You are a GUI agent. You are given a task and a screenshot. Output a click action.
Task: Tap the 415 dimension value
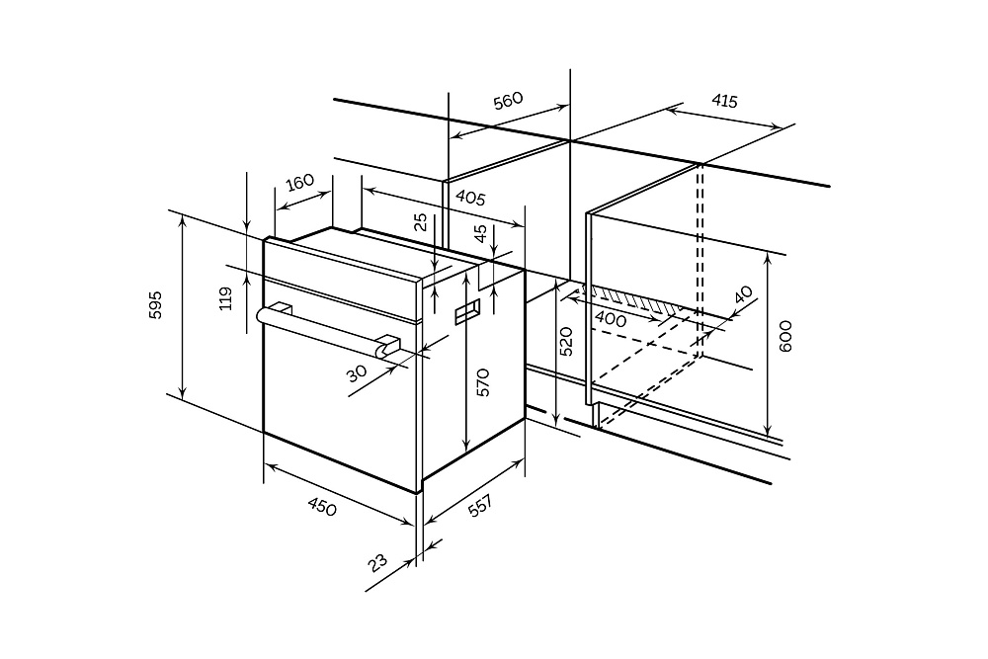pyautogui.click(x=724, y=101)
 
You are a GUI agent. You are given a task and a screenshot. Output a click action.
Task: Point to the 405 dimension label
pyautogui.click(x=469, y=198)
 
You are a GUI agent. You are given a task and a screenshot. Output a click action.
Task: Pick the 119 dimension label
pyautogui.click(x=225, y=297)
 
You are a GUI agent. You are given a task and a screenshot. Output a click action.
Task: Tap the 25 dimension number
pyautogui.click(x=421, y=223)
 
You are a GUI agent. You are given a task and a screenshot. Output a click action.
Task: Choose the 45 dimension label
pyautogui.click(x=480, y=234)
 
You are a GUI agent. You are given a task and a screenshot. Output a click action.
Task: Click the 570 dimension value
pyautogui.click(x=482, y=382)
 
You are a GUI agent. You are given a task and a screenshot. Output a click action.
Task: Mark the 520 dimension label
pyautogui.click(x=566, y=340)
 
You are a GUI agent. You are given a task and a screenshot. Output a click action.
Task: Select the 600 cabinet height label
pyautogui.click(x=785, y=337)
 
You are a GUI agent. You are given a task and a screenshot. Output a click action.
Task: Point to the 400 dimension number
pyautogui.click(x=611, y=320)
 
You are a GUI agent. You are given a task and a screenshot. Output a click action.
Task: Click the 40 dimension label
pyautogui.click(x=743, y=295)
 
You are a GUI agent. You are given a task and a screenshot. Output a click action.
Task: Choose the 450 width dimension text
pyautogui.click(x=322, y=507)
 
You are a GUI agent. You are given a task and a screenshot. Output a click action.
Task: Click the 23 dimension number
pyautogui.click(x=378, y=563)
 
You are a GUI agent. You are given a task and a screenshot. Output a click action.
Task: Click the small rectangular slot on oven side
pyautogui.click(x=466, y=314)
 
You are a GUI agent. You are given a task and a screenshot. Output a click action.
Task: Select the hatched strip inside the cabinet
pyautogui.click(x=632, y=300)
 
